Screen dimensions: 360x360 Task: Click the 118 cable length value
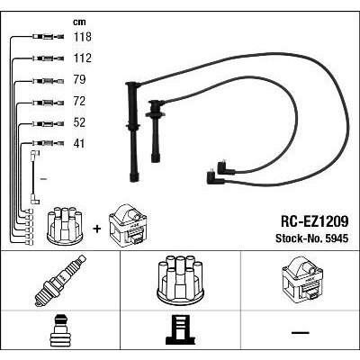pos(83,37)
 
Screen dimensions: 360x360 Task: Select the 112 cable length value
pos(83,58)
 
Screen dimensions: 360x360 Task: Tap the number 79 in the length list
pos(79,79)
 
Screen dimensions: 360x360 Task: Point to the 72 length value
pos(79,101)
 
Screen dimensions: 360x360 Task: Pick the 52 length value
pos(79,122)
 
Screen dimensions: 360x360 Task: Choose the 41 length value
pos(79,144)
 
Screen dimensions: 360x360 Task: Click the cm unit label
pos(79,22)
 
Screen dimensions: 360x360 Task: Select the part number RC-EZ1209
pos(314,222)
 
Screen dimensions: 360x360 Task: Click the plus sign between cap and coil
pos(96,229)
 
